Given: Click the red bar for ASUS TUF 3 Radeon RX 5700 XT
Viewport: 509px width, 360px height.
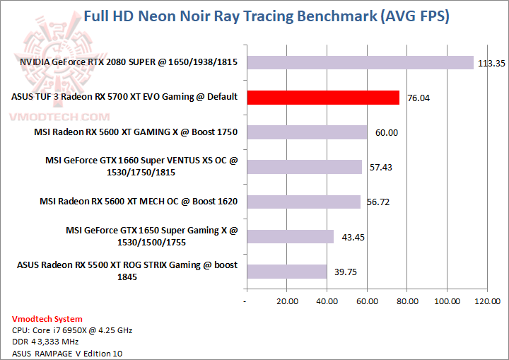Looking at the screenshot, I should click(x=322, y=98).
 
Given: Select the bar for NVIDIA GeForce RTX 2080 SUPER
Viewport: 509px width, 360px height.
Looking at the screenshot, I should click(x=359, y=63).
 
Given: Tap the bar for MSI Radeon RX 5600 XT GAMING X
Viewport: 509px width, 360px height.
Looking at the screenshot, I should click(x=306, y=132).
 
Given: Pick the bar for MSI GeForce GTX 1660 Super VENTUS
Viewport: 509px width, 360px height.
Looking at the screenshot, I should click(x=303, y=167).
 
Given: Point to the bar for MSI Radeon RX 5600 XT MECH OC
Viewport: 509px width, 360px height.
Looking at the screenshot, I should click(x=303, y=202).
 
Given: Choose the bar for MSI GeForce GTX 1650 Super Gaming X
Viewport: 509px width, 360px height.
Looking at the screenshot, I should click(x=289, y=236).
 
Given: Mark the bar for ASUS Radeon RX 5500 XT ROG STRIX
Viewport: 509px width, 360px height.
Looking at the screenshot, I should click(x=286, y=271).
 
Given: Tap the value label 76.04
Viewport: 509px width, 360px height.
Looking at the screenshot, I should click(x=419, y=98).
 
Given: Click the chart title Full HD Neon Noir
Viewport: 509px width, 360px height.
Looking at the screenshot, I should click(x=266, y=16).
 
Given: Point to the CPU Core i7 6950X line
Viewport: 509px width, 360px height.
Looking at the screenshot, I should click(x=72, y=330).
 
